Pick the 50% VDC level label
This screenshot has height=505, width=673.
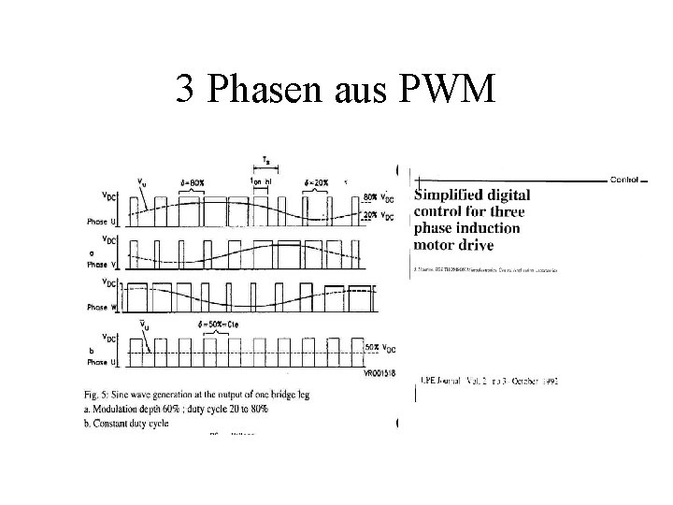377,347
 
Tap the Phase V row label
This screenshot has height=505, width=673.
103,263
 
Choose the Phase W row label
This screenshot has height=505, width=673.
104,307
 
